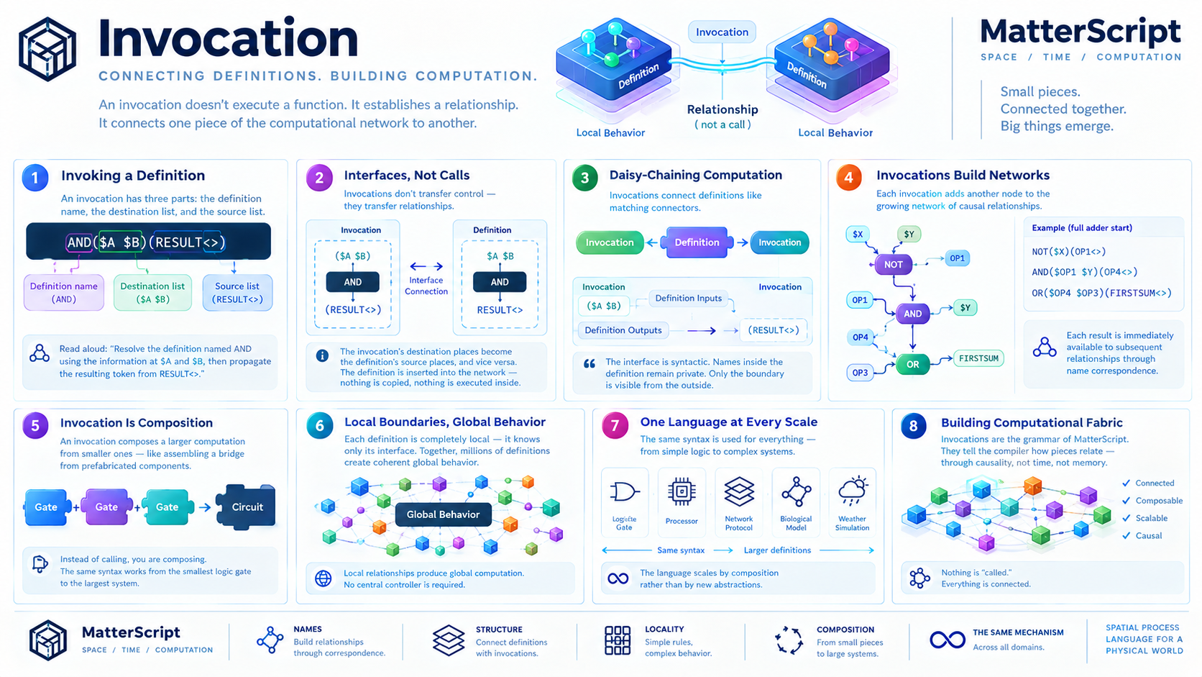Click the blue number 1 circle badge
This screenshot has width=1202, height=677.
(x=35, y=178)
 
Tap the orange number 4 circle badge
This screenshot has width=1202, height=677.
(x=849, y=178)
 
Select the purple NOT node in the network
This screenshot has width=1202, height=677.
(x=894, y=265)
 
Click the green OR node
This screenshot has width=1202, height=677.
(x=913, y=365)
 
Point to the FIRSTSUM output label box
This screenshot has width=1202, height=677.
(x=978, y=358)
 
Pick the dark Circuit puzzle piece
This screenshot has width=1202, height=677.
(x=247, y=506)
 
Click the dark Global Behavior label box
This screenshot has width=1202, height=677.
(x=444, y=514)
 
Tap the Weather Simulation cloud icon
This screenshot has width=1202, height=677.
(x=853, y=491)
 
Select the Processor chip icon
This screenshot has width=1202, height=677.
(x=682, y=491)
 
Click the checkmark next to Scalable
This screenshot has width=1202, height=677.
(x=1126, y=518)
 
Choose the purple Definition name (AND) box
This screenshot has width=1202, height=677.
(x=64, y=293)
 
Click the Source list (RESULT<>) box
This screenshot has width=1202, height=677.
(x=237, y=293)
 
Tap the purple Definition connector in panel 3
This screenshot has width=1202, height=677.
(x=697, y=242)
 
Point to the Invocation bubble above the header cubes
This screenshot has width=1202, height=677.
(x=722, y=32)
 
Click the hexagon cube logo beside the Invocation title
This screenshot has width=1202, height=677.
(x=47, y=49)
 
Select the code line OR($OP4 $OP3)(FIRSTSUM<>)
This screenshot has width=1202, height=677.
(x=1101, y=293)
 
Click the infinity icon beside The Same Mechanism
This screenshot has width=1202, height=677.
(x=948, y=640)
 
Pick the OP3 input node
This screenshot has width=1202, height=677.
(x=860, y=373)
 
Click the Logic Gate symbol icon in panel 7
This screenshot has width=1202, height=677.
(x=625, y=492)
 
